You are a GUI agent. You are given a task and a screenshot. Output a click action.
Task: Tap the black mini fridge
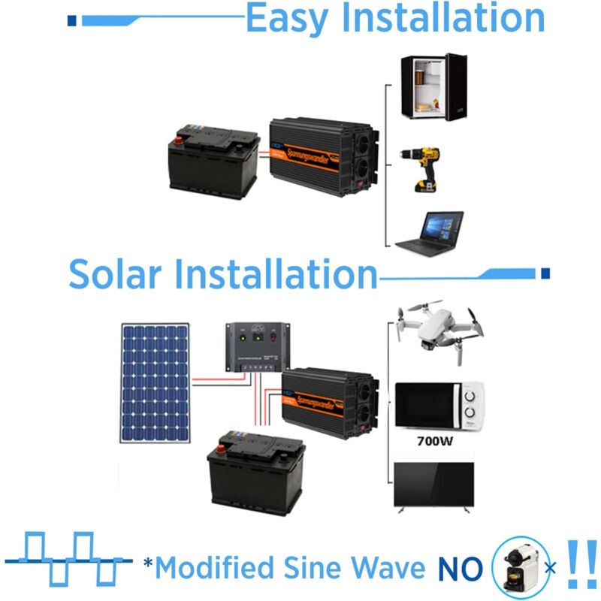(433, 86)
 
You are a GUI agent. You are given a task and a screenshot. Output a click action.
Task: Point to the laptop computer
(430, 232)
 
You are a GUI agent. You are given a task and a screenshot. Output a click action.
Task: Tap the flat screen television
(434, 486)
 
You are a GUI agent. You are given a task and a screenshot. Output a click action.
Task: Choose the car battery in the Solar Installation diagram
(255, 473)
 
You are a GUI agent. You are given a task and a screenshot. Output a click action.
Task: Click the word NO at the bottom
(459, 569)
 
